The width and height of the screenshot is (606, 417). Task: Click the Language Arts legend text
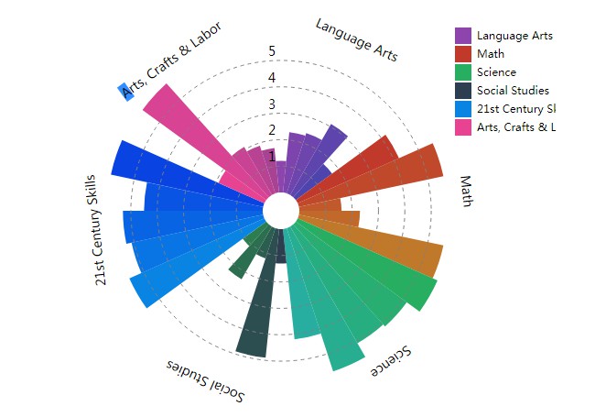tap(514, 36)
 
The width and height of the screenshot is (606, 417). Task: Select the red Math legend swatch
tap(464, 54)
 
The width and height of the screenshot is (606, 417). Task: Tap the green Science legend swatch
tap(464, 72)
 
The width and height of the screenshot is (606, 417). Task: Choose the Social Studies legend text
tap(513, 91)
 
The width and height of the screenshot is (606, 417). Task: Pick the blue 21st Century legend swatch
tap(464, 109)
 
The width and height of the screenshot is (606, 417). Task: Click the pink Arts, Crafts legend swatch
tap(464, 127)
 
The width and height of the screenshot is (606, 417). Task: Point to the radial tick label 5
tap(271, 51)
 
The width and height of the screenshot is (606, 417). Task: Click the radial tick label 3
tap(271, 104)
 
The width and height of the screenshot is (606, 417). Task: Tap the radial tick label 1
tap(271, 156)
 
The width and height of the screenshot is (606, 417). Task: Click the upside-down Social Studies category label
tap(206, 379)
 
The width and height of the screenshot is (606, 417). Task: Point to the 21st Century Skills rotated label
tap(102, 228)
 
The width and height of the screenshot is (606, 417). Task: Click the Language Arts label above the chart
tap(356, 39)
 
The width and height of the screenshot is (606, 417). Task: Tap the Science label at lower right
tap(390, 362)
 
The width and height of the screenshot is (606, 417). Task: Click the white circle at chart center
tap(280, 213)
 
